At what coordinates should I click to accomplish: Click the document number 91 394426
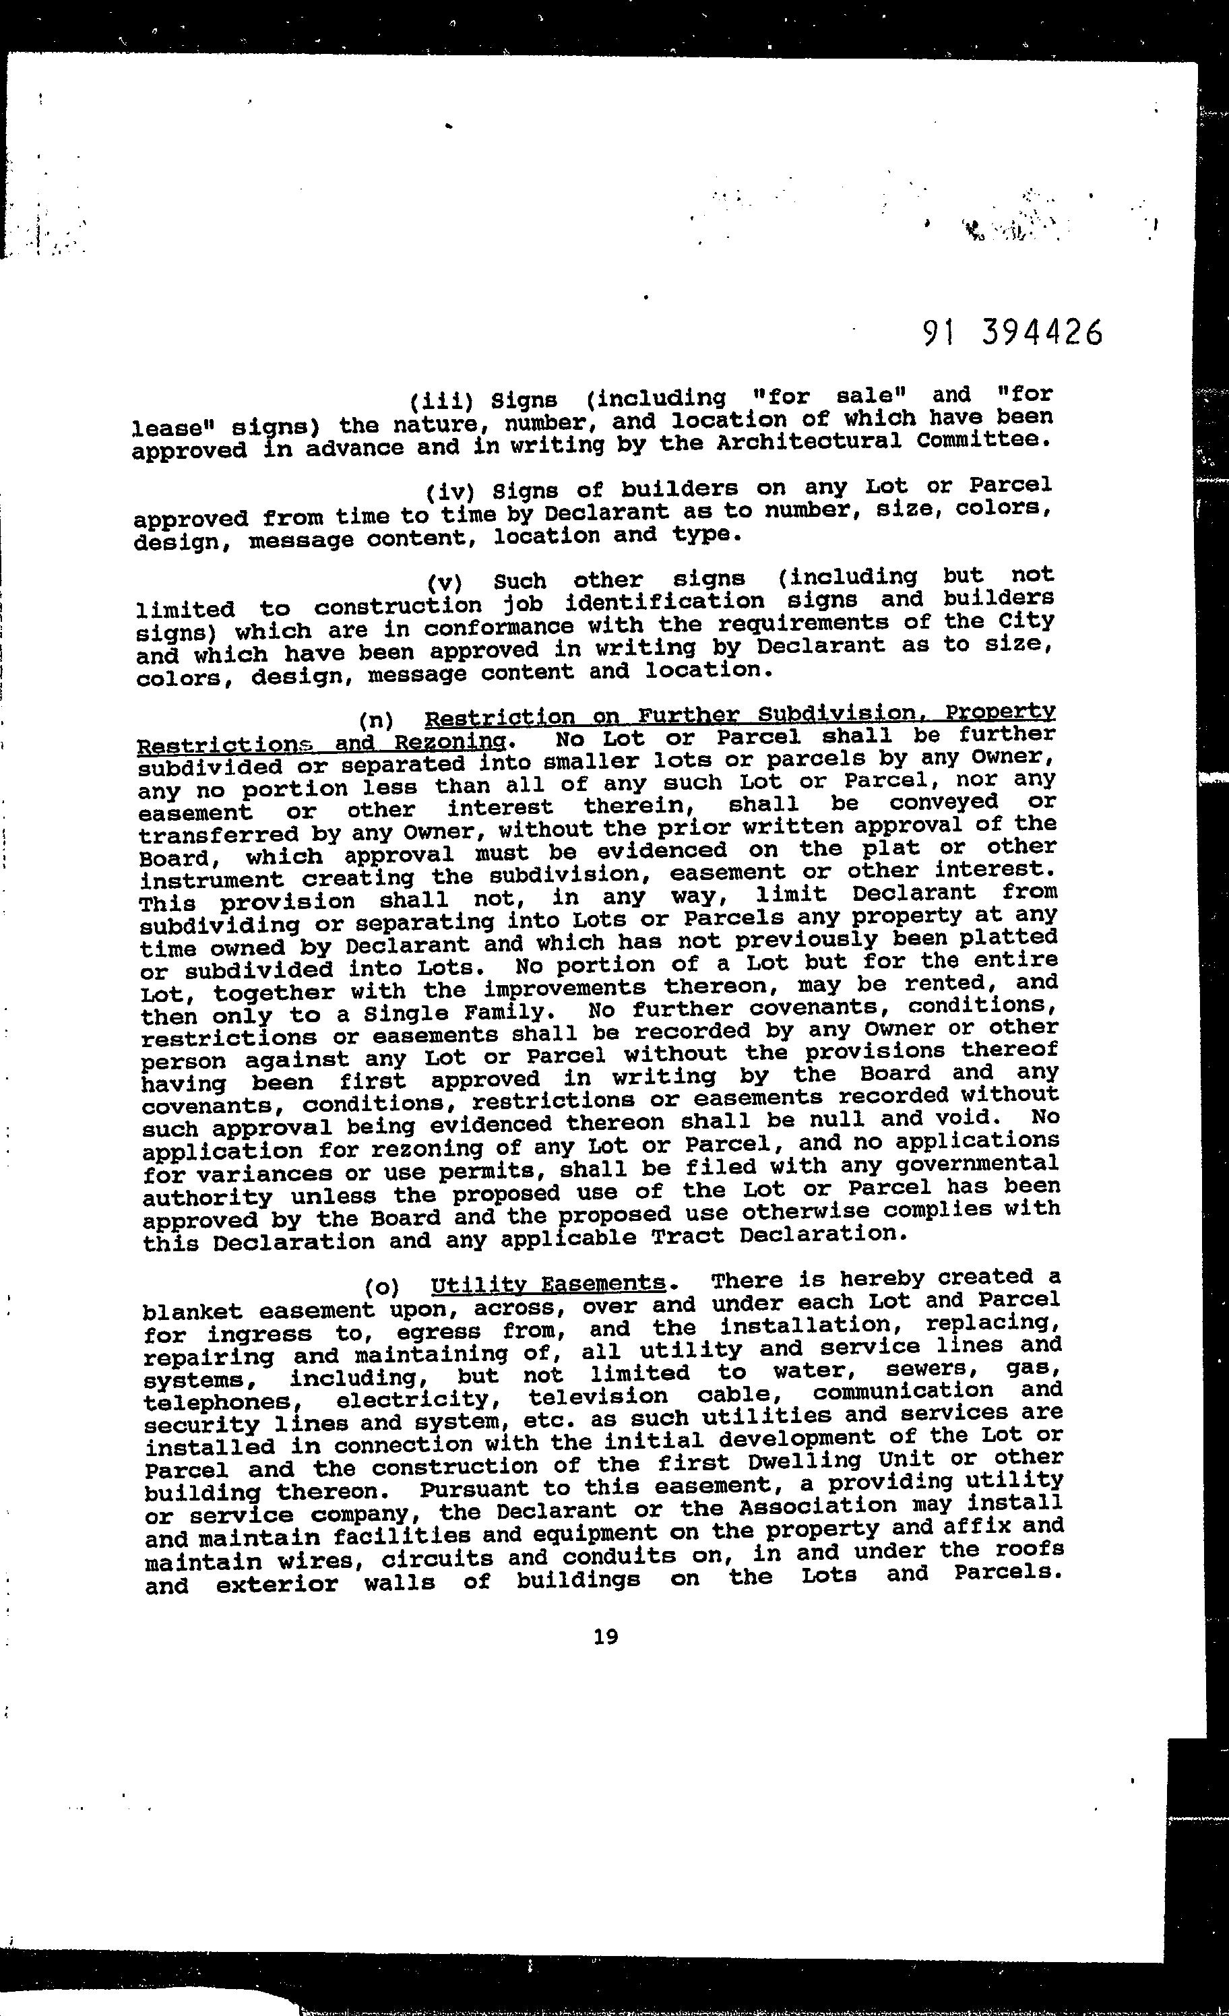[x=1012, y=332]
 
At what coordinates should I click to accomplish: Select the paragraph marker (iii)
[x=442, y=401]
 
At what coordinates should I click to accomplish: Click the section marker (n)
[x=377, y=721]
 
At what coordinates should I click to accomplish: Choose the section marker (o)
[x=382, y=1286]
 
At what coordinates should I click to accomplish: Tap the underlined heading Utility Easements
[x=548, y=1283]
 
